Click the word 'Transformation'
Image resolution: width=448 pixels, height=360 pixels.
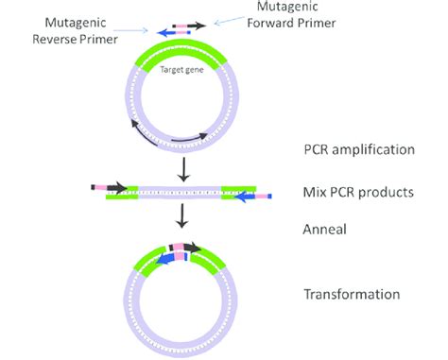(x=352, y=295)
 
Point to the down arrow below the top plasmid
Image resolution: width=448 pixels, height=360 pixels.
(x=180, y=167)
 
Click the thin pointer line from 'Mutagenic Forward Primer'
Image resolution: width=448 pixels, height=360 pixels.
(x=228, y=22)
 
